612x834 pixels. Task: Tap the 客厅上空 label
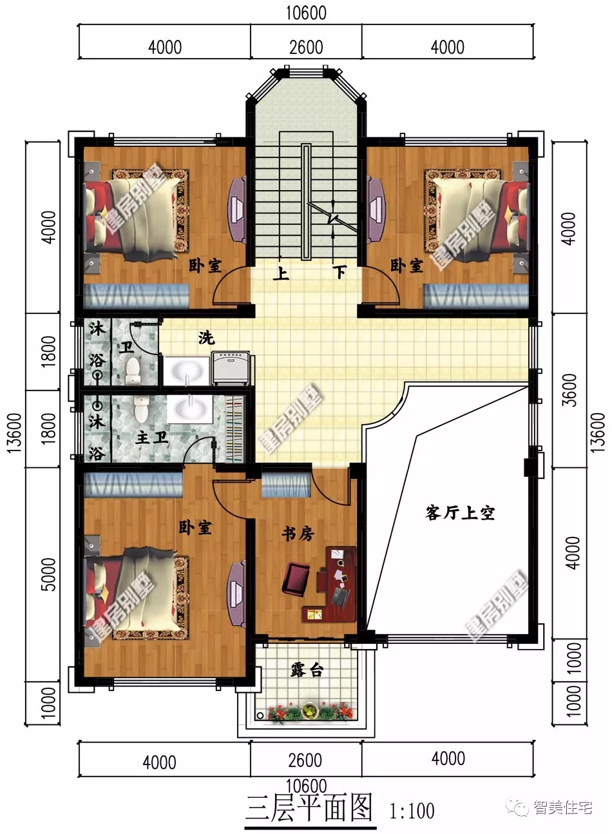[x=460, y=513]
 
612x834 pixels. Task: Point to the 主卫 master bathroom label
[x=152, y=437]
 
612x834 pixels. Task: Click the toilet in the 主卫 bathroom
[x=141, y=409]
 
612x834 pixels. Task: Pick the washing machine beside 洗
[x=231, y=368]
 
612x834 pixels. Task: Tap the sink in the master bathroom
[x=190, y=409]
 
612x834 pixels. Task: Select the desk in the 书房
[x=336, y=584]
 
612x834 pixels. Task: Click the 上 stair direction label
[x=280, y=273]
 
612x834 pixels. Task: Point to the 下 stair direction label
[x=339, y=273]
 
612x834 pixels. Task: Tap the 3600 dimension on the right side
[x=569, y=390]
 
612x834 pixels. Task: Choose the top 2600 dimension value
[x=306, y=48]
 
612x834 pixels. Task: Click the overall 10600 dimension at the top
[x=306, y=13]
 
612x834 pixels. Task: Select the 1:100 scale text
[x=412, y=811]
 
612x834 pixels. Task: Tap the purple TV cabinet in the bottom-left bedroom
[x=236, y=595]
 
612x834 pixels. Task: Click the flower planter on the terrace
[x=309, y=712]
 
